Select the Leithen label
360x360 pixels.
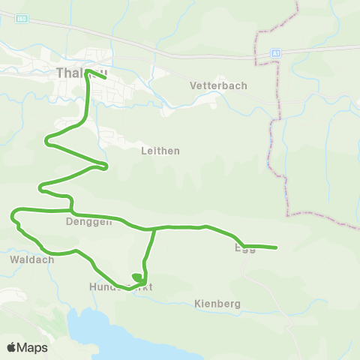160,150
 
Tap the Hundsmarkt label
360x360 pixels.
120,287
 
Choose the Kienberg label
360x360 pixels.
217,304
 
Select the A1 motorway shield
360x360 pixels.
276,53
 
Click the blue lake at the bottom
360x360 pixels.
112,330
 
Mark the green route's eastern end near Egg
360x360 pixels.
276,247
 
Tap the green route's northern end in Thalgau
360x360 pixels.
105,77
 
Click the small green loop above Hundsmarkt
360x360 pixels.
137,278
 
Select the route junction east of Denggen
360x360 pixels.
154,228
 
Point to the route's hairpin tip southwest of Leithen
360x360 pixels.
106,165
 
